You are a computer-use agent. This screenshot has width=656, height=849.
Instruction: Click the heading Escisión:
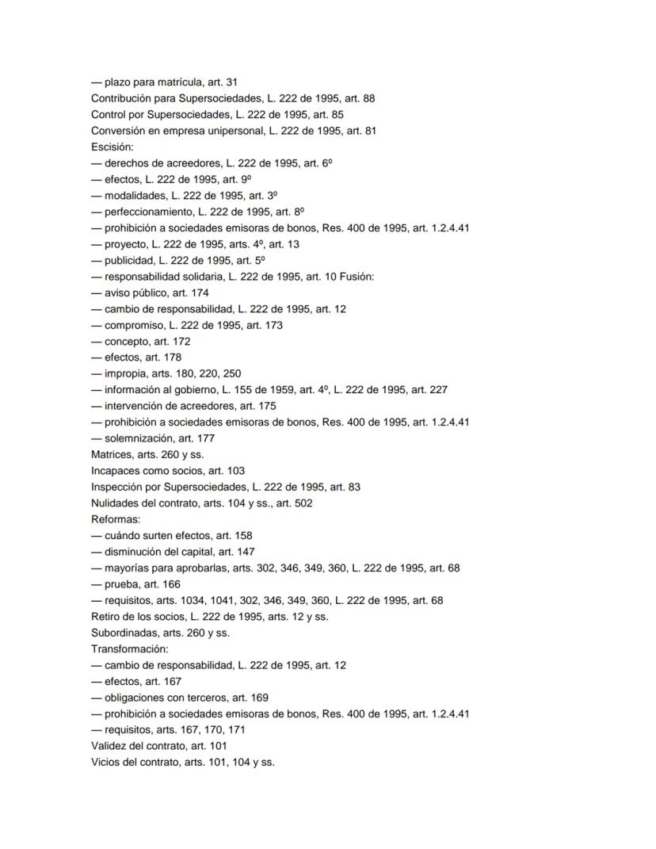112,147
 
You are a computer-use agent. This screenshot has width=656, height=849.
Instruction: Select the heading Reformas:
116,519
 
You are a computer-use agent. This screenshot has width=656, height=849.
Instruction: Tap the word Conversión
118,131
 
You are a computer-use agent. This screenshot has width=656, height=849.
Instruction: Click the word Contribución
123,98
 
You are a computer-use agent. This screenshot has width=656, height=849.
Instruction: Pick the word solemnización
139,438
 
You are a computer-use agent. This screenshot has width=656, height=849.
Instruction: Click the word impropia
125,373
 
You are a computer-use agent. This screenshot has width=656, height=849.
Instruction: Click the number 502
303,503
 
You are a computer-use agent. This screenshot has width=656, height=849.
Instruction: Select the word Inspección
119,487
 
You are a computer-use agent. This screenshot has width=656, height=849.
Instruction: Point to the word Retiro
106,616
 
